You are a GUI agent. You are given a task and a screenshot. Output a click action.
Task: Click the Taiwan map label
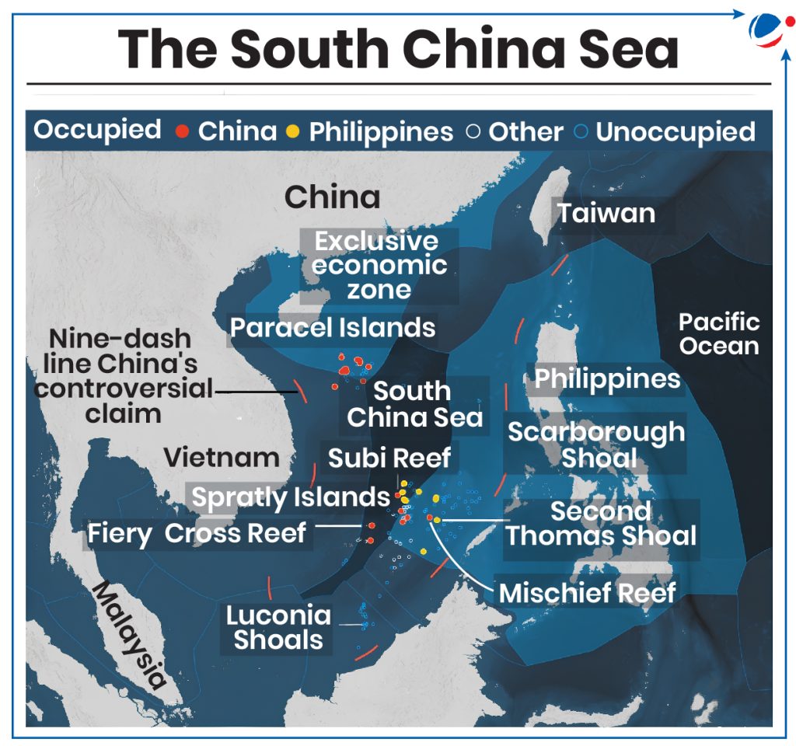click(x=606, y=213)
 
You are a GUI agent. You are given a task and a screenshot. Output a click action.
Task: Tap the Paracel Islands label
click(x=333, y=327)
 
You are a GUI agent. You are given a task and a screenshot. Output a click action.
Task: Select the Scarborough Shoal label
click(x=596, y=444)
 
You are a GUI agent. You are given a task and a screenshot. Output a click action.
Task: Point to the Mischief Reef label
click(x=587, y=593)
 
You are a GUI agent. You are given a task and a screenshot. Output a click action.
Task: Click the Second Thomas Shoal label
click(x=602, y=524)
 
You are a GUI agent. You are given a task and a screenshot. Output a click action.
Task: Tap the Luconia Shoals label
click(x=278, y=627)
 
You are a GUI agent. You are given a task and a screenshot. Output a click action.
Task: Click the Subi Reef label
click(x=389, y=458)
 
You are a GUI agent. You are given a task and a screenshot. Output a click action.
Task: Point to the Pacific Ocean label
click(x=718, y=333)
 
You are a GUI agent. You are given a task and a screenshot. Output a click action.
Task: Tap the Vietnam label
click(x=221, y=457)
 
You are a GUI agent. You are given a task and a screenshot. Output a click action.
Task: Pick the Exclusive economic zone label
click(x=379, y=265)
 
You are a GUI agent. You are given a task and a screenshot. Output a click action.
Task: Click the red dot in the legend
click(x=182, y=131)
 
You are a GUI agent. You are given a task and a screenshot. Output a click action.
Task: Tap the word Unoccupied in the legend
click(x=675, y=131)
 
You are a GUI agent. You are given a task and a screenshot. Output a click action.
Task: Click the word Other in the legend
click(x=525, y=131)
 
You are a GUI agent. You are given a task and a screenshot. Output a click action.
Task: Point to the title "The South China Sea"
click(x=398, y=48)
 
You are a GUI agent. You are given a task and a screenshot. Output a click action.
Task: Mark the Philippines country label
click(x=607, y=379)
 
